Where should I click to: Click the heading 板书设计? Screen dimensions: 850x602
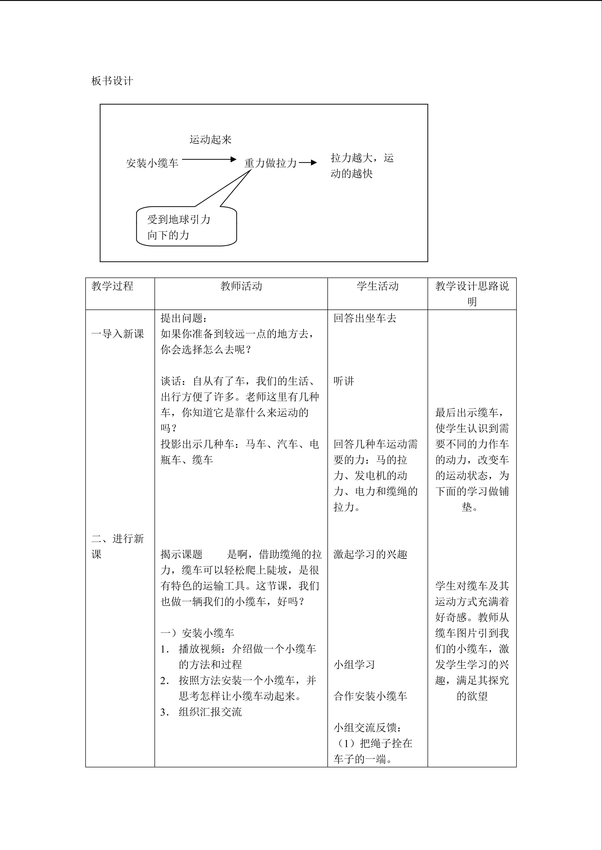(112, 81)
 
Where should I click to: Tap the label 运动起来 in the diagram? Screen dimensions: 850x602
(211, 140)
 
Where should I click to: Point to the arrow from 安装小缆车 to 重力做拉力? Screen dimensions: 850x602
(209, 160)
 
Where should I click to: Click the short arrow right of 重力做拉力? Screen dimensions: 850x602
(308, 163)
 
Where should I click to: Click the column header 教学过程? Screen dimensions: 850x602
(112, 286)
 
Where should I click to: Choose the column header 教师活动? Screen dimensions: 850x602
(241, 286)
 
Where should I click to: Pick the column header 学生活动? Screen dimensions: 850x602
(377, 286)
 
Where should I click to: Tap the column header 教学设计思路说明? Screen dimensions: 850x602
(472, 294)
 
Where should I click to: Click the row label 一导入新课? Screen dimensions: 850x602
(118, 334)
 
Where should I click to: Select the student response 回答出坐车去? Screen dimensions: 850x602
(365, 318)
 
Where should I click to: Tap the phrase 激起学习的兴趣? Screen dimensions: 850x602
(370, 554)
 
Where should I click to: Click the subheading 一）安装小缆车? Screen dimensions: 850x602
(197, 633)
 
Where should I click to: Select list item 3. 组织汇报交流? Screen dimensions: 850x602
(201, 712)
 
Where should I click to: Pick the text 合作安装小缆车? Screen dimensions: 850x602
(370, 696)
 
